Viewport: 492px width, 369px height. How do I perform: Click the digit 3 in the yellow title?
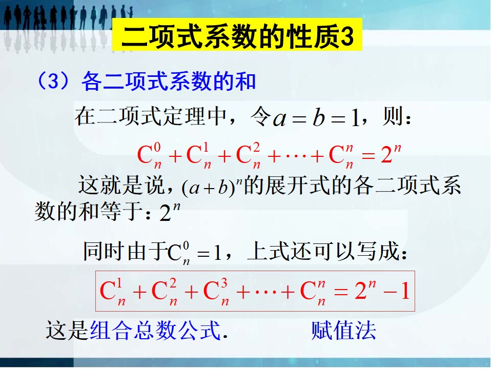click(x=347, y=37)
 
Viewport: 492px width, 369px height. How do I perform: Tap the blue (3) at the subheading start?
click(x=53, y=80)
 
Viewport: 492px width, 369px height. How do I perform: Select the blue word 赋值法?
click(x=343, y=330)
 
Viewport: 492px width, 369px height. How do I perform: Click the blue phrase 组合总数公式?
click(x=155, y=330)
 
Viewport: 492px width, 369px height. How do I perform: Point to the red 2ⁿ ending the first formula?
click(x=391, y=154)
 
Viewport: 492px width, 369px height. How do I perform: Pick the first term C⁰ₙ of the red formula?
click(x=149, y=155)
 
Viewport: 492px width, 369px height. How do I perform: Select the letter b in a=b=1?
click(x=318, y=118)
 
